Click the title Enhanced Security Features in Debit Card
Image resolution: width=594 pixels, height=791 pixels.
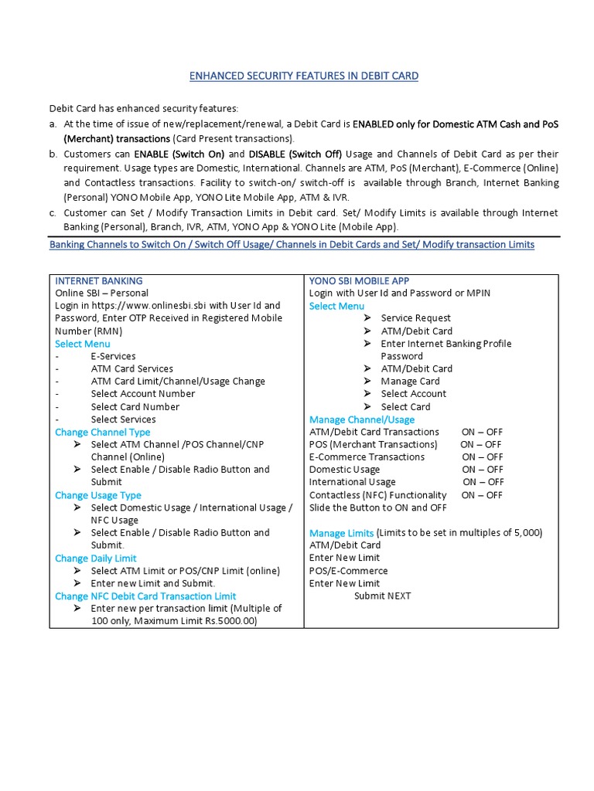pyautogui.click(x=304, y=76)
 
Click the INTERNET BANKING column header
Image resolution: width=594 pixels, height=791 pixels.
pyautogui.click(x=98, y=280)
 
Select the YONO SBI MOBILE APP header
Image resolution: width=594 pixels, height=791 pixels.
pyautogui.click(x=359, y=280)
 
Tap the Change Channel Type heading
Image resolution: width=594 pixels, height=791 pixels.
pyautogui.click(x=102, y=432)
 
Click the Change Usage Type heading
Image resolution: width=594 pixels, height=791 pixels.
pyautogui.click(x=97, y=495)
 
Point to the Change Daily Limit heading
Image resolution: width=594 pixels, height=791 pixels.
pyautogui.click(x=95, y=558)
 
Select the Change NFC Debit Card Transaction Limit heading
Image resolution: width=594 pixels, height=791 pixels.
pyautogui.click(x=145, y=596)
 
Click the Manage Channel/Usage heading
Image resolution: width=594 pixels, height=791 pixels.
pyautogui.click(x=361, y=419)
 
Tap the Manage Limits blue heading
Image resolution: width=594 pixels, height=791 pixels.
pyautogui.click(x=341, y=533)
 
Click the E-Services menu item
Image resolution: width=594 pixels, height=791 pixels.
pyautogui.click(x=113, y=356)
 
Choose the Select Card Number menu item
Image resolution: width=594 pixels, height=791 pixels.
pyautogui.click(x=135, y=406)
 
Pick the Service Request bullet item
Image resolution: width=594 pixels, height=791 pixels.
pyautogui.click(x=415, y=317)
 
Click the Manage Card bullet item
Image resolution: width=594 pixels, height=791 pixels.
pyautogui.click(x=410, y=381)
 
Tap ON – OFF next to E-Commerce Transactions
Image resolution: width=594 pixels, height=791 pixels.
pyautogui.click(x=483, y=457)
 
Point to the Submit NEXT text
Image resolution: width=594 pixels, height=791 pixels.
pyautogui.click(x=382, y=596)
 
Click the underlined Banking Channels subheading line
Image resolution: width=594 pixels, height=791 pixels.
pyautogui.click(x=292, y=244)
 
